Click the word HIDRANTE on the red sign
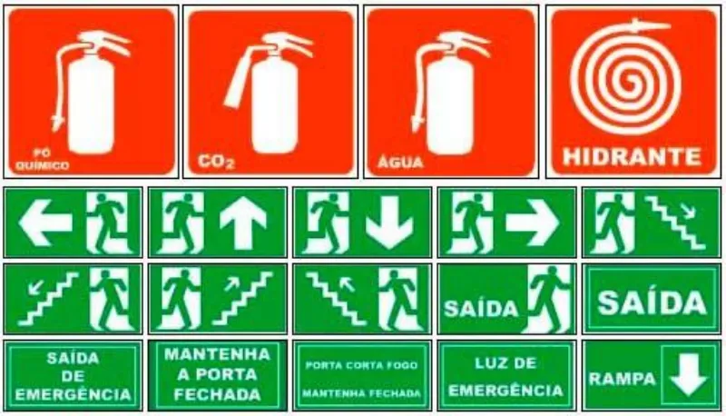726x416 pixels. coord(632,156)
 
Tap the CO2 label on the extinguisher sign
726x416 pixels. coord(216,162)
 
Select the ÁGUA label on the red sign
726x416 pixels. coord(400,162)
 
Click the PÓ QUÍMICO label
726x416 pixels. coord(43,159)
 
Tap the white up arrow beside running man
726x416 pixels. coord(243,223)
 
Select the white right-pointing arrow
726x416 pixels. coord(533,223)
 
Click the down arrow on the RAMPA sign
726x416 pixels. coord(689,375)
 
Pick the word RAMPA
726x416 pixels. coord(623,379)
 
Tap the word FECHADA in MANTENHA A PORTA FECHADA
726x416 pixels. coord(217,395)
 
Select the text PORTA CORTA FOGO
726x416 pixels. coord(361,365)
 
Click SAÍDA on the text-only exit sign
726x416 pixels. coord(652,303)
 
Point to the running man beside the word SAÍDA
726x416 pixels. coord(550,299)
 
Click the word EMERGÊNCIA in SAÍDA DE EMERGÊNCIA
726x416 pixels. coord(73,395)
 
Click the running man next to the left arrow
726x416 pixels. coord(109,223)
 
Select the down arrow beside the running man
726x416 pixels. coord(388,223)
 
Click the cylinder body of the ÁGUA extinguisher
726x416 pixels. coord(450,106)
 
